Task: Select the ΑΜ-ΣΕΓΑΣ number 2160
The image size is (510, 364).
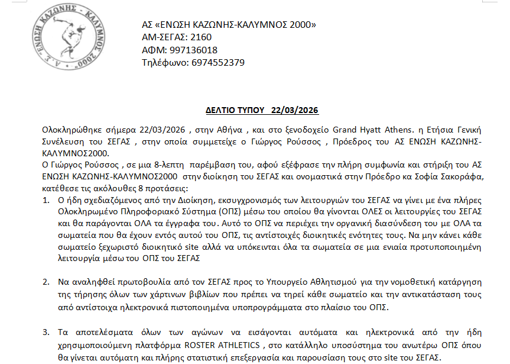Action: pos(200,37)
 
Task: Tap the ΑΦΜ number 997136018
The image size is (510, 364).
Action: pos(193,50)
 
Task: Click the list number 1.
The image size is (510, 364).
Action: pos(47,202)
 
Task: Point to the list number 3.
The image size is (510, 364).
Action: pos(47,333)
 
